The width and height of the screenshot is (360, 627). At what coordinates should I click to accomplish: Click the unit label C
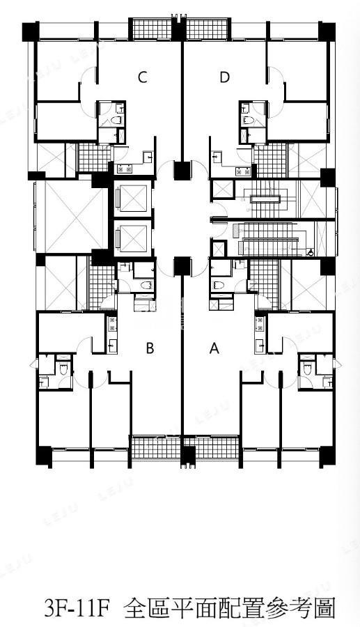[142, 77]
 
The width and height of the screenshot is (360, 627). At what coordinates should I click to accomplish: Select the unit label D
[224, 77]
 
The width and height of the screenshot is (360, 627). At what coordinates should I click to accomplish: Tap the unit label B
[150, 348]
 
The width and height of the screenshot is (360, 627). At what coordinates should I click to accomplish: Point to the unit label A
[214, 348]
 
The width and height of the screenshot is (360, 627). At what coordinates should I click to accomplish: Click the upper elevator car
[133, 198]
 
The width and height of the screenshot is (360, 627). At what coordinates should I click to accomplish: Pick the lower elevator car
[133, 238]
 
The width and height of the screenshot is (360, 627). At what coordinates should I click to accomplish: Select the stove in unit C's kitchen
[125, 169]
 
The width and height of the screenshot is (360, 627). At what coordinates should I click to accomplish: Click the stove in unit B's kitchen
[112, 323]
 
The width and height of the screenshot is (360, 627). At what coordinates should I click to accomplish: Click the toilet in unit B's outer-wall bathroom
[63, 369]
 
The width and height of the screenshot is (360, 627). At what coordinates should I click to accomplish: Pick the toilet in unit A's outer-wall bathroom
[307, 369]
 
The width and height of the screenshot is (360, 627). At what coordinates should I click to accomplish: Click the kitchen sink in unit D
[218, 156]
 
